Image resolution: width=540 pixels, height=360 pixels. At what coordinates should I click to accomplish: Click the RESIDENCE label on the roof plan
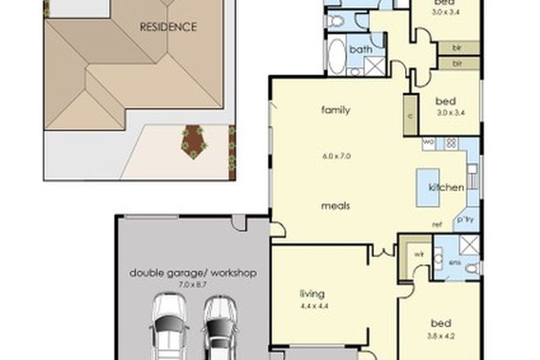pyautogui.click(x=168, y=27)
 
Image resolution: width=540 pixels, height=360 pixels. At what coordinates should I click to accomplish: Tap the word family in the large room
pyautogui.click(x=335, y=109)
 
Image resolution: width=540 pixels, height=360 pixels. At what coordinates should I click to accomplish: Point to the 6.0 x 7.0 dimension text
pyautogui.click(x=335, y=156)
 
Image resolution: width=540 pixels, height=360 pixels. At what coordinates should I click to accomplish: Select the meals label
pyautogui.click(x=335, y=206)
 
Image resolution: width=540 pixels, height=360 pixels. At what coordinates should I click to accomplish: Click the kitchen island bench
pyautogui.click(x=434, y=187)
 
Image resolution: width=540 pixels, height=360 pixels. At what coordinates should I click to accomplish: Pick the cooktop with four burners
pyautogui.click(x=450, y=143)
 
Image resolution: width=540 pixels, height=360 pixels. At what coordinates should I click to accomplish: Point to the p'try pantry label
pyautogui.click(x=466, y=220)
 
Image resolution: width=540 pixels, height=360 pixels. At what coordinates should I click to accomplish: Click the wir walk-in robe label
pyautogui.click(x=418, y=254)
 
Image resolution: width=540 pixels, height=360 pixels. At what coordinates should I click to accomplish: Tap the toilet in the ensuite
pyautogui.click(x=471, y=267)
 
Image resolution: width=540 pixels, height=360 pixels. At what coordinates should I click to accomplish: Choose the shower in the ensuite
pyautogui.click(x=470, y=243)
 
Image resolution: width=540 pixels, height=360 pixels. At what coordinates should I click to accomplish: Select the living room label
pyautogui.click(x=312, y=294)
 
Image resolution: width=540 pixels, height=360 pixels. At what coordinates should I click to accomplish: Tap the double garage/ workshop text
pyautogui.click(x=193, y=272)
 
